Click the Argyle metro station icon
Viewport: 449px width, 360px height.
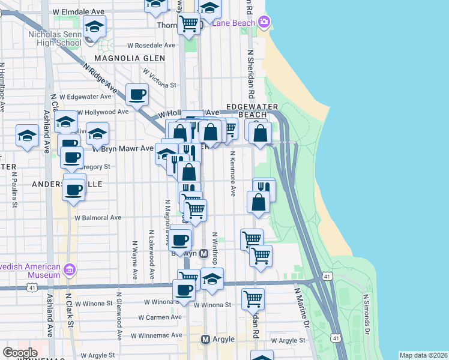(x=205, y=339)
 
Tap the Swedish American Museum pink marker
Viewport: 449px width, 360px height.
(x=70, y=270)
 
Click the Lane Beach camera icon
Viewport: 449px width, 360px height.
(x=264, y=22)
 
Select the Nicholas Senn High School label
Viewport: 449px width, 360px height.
(x=55, y=38)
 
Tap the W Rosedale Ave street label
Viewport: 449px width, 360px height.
(x=151, y=46)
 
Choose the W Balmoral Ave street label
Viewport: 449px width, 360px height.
(x=98, y=218)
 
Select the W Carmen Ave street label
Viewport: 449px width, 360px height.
(x=160, y=317)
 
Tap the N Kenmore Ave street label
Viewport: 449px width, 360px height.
(x=232, y=174)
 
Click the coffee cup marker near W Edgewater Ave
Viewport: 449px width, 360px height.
(x=137, y=94)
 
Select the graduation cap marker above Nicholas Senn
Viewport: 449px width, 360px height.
(x=95, y=26)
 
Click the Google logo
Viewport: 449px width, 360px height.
(x=20, y=352)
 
